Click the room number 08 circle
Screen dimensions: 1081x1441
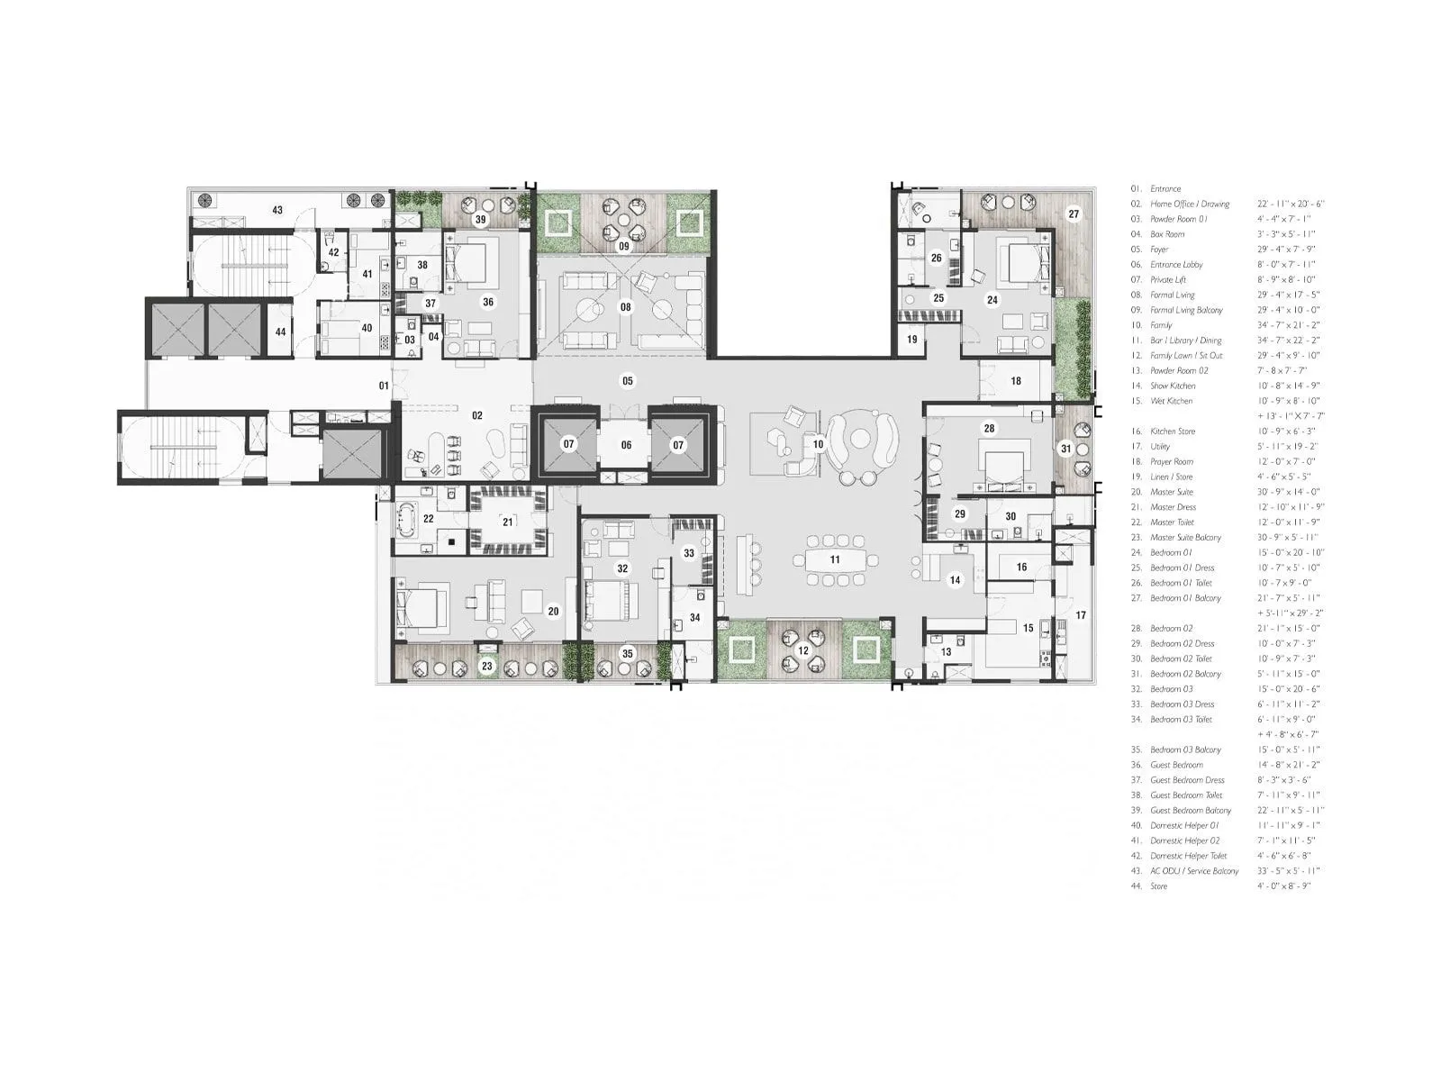[625, 307]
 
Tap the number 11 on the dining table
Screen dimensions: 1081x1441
[835, 559]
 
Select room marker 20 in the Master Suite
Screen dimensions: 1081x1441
[553, 612]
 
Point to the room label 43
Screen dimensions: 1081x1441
[277, 211]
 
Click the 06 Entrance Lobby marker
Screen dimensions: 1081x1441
[626, 445]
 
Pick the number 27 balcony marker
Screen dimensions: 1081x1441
[1074, 214]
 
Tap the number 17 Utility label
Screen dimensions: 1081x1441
[1081, 615]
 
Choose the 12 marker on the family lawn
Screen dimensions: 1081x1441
[803, 650]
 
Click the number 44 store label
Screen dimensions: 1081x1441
[281, 332]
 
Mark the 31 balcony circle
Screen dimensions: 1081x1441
[1066, 449]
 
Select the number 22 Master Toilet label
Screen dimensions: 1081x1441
[428, 519]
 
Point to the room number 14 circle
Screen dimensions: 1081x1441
[955, 581]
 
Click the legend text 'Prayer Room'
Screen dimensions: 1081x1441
[1171, 461]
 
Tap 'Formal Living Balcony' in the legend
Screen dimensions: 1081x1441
[1186, 310]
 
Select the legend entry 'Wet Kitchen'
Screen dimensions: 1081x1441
[1171, 401]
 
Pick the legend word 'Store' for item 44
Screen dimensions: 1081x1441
[1158, 886]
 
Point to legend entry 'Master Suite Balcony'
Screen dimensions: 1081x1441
[1185, 538]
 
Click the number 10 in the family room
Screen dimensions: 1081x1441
[819, 444]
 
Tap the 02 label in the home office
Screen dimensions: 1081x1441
[477, 415]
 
